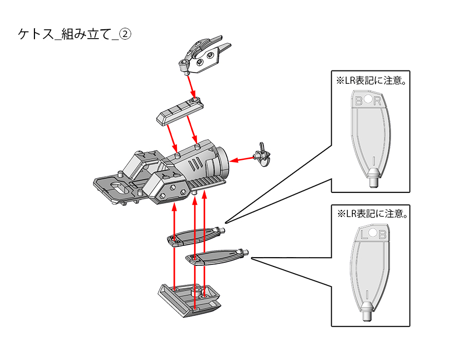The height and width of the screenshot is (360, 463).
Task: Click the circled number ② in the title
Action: click(126, 34)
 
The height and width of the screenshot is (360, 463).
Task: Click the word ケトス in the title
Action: click(35, 34)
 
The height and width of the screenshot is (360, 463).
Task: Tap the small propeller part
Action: click(263, 155)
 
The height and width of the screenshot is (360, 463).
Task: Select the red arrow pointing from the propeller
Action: click(241, 159)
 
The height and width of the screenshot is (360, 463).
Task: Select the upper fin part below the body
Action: click(195, 236)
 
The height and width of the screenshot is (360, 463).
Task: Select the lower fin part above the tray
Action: click(216, 256)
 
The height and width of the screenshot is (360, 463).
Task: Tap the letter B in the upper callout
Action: click(359, 101)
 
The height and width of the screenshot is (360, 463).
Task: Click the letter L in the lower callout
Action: click(364, 235)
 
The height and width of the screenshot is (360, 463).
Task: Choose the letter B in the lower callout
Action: click(382, 235)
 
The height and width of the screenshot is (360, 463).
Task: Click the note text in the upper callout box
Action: click(370, 81)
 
